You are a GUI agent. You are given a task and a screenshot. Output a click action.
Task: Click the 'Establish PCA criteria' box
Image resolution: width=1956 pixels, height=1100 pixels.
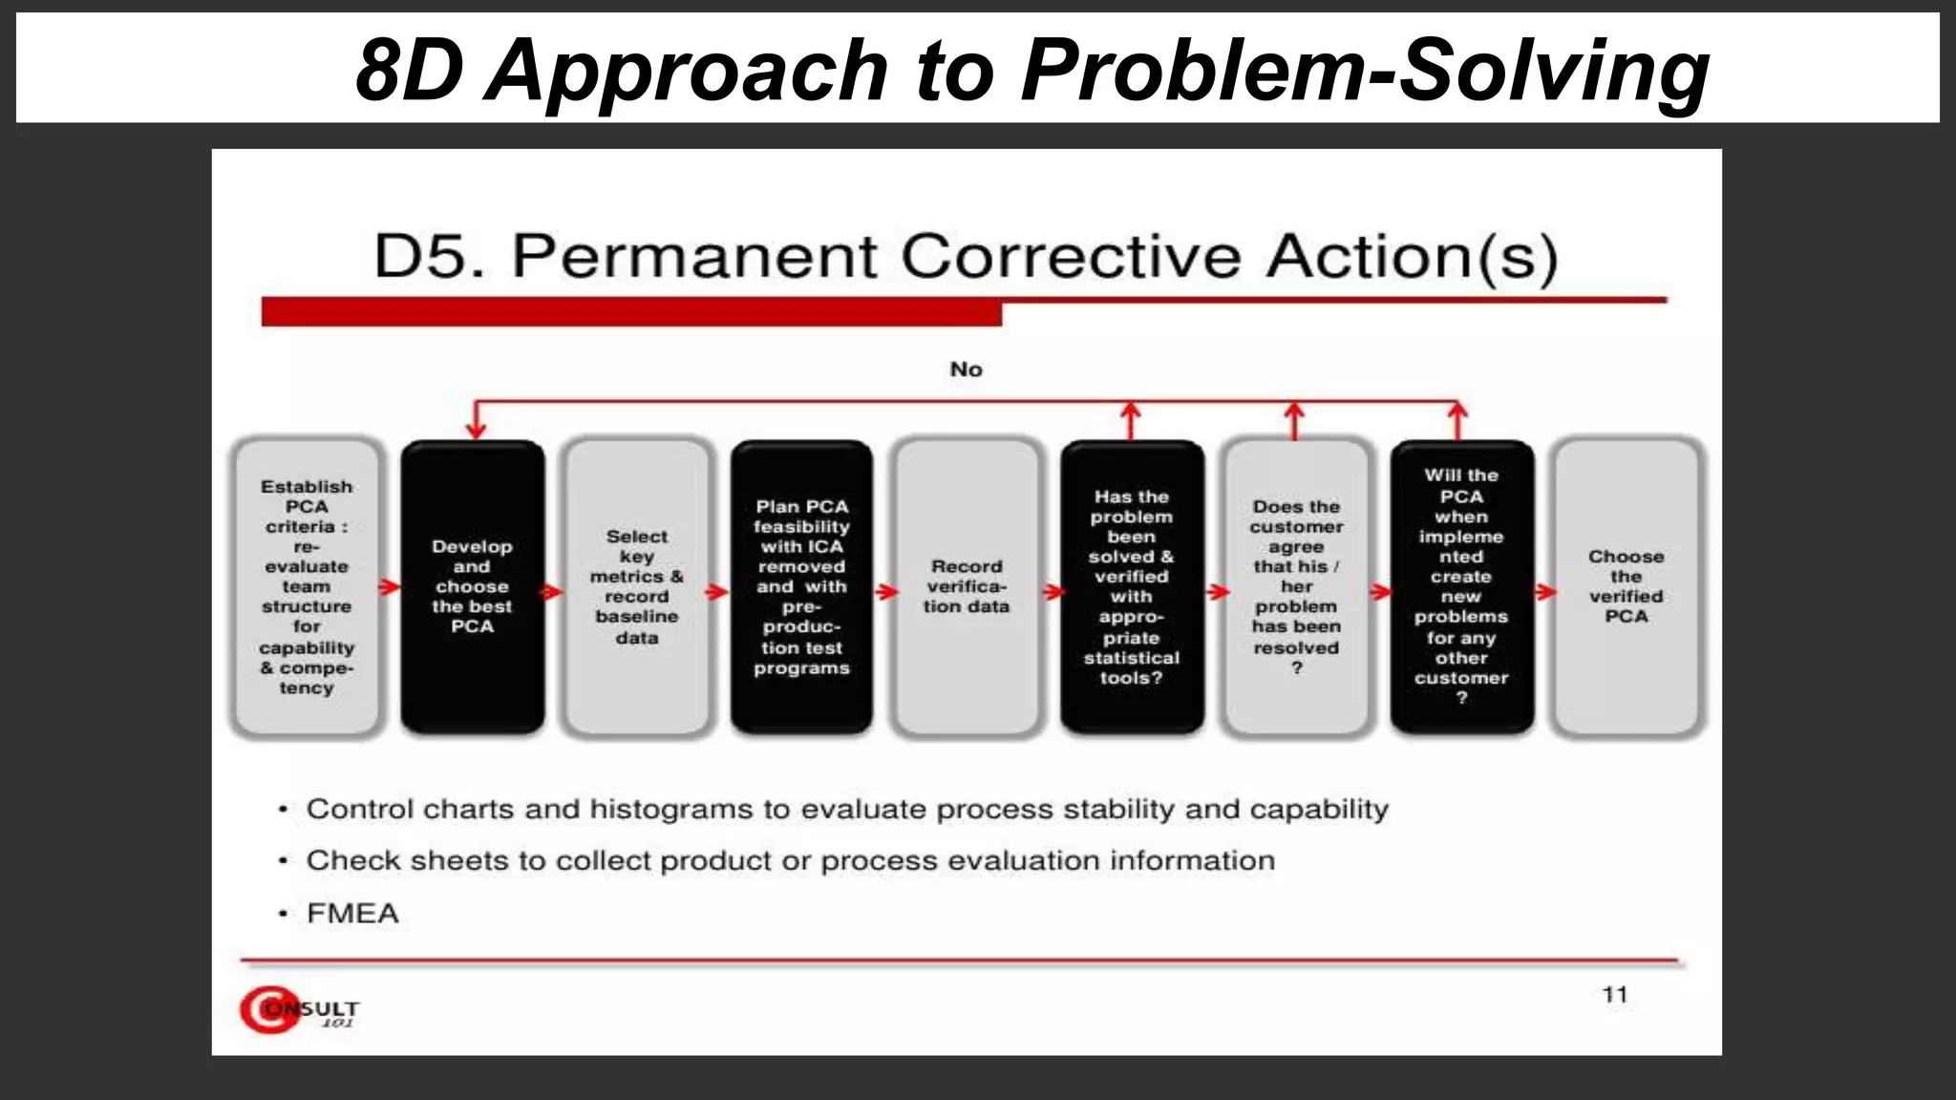(307, 586)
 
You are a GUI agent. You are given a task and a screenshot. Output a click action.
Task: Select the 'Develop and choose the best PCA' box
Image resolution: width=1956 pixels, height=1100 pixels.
(472, 586)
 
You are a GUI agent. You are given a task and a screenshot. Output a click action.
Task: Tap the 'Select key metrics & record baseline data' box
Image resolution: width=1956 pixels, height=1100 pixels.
(637, 586)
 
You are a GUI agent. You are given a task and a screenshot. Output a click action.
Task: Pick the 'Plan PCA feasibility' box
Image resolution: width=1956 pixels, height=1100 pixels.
(801, 586)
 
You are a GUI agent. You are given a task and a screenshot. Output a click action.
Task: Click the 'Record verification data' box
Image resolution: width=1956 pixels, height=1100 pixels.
(967, 586)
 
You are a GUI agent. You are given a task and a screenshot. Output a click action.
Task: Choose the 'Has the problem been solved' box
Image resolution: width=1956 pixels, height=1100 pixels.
(1132, 586)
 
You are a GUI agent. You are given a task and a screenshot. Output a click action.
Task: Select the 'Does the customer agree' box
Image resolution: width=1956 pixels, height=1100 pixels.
(1296, 586)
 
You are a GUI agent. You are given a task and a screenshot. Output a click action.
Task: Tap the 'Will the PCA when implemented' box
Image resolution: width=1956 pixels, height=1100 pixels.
(1461, 586)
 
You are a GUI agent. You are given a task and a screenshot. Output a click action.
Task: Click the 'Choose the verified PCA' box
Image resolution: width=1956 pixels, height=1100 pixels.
(1626, 586)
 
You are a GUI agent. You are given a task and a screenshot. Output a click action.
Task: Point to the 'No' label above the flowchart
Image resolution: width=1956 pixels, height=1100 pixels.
(966, 370)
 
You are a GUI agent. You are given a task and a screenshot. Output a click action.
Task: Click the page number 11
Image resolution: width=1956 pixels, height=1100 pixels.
(1614, 994)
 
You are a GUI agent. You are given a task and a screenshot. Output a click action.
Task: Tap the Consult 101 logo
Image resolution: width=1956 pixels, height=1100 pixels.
(298, 1009)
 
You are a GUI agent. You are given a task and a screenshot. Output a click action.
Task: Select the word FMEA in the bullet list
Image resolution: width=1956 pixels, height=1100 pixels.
(352, 914)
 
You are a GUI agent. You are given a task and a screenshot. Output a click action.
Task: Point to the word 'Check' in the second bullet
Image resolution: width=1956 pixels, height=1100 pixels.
(350, 861)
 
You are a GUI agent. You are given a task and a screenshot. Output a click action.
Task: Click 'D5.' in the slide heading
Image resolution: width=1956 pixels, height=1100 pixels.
(429, 257)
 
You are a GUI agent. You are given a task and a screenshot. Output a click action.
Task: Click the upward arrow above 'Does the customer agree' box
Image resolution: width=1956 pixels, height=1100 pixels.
(1294, 420)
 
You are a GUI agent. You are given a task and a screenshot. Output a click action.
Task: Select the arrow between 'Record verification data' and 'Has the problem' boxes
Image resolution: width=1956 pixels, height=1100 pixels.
(1052, 592)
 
